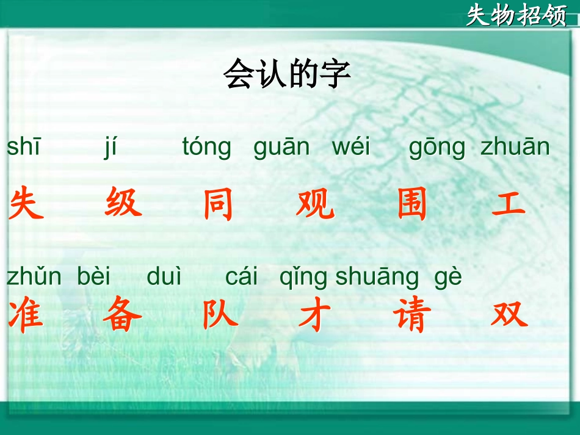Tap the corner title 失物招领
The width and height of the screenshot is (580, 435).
point(517,15)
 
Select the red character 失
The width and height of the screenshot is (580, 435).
point(27,204)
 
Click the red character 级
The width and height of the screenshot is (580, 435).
point(123,203)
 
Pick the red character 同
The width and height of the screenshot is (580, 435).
point(219,204)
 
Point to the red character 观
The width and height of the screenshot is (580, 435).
point(316,204)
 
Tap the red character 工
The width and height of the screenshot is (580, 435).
point(509,204)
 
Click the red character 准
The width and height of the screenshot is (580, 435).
point(26,315)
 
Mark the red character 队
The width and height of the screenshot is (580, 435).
point(220,315)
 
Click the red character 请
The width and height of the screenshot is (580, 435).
point(412,316)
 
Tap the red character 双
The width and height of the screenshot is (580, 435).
point(509,315)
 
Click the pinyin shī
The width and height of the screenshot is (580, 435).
point(24,147)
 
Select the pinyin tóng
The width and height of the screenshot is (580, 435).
point(207,148)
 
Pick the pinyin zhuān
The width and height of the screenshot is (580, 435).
point(515,147)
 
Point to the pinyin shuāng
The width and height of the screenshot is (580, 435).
point(377,278)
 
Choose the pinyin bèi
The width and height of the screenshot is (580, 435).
point(94,277)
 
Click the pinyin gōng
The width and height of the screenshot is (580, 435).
point(437,148)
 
